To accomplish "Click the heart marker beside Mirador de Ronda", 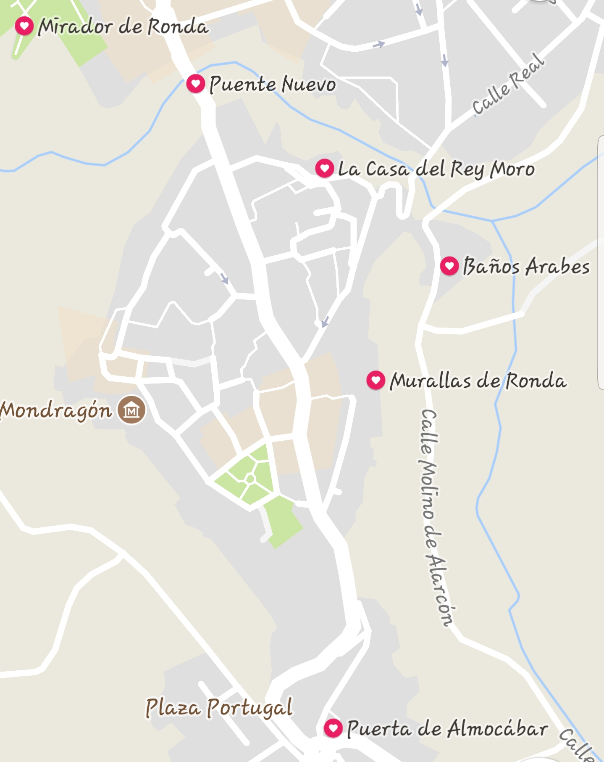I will tap(24, 26).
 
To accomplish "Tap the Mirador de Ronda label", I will tap(123, 27).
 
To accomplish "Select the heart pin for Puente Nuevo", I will tap(195, 83).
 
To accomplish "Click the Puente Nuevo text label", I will tap(273, 85).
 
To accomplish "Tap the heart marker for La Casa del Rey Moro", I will tap(324, 168).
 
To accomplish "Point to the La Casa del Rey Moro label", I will tap(436, 169).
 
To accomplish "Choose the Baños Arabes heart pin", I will tap(449, 266).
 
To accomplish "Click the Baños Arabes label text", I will tap(526, 267).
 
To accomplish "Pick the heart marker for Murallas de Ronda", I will tap(376, 380).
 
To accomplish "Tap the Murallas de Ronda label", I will tap(478, 381).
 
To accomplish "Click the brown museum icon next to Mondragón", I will tap(131, 410).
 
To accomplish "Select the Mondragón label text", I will tap(56, 410).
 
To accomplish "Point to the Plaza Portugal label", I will tap(219, 707).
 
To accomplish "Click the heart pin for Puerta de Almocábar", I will tap(333, 728).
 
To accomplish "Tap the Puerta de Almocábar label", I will tap(447, 728).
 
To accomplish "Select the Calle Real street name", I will tap(508, 84).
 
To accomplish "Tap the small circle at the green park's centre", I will tap(250, 479).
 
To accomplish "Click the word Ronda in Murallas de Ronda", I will tap(536, 381).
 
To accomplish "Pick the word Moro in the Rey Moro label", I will tap(513, 169).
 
